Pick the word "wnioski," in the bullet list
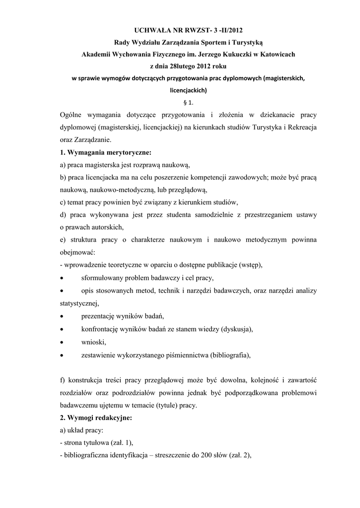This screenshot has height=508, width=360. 93,342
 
